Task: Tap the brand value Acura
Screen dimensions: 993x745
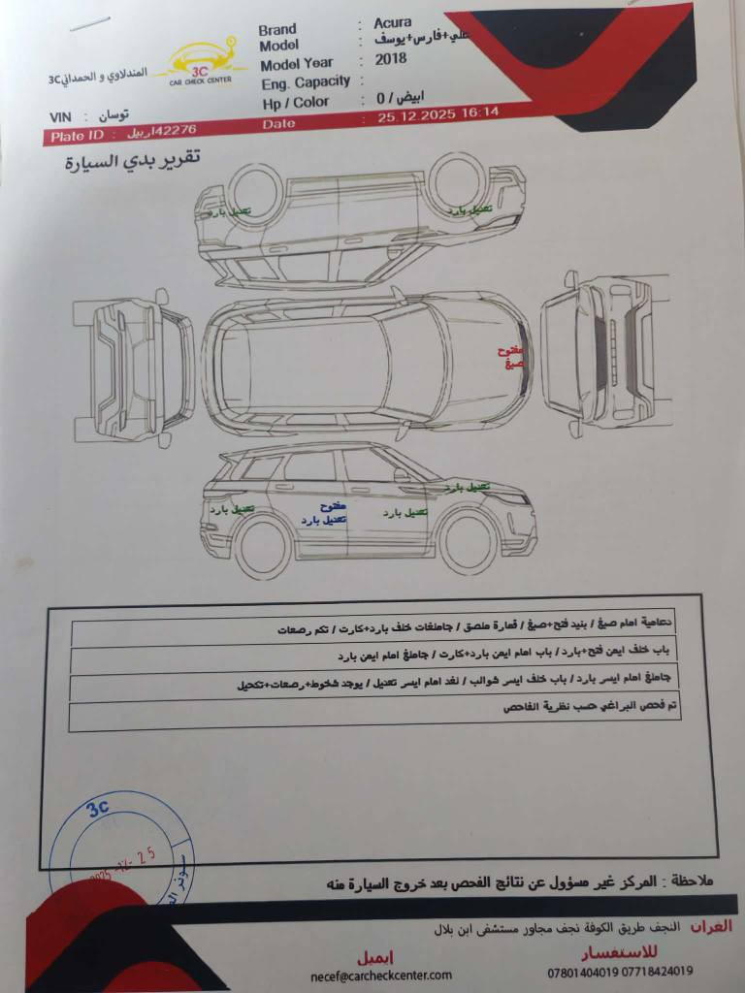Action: pyautogui.click(x=393, y=23)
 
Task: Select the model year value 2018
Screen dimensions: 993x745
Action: pyautogui.click(x=393, y=58)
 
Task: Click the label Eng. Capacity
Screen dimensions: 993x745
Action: pyautogui.click(x=306, y=83)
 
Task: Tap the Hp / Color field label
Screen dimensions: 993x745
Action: pyautogui.click(x=295, y=102)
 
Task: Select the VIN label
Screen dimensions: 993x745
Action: pyautogui.click(x=60, y=117)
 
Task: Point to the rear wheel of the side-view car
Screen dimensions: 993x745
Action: pyautogui.click(x=263, y=546)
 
